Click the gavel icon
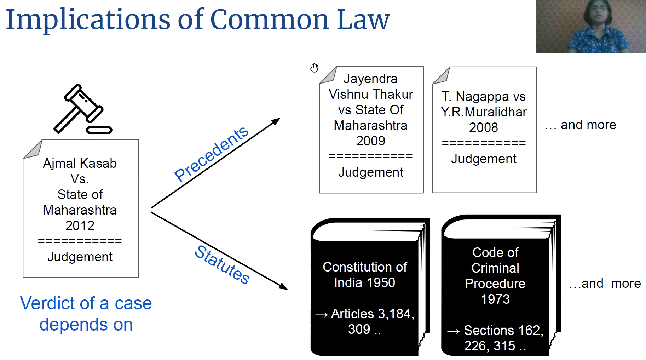[x=82, y=110]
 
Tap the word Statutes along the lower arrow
[x=222, y=264]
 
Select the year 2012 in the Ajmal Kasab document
[x=80, y=225]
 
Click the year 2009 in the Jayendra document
[x=370, y=141]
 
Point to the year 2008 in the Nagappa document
[x=483, y=127]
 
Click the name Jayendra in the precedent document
[x=370, y=79]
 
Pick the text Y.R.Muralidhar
[x=484, y=112]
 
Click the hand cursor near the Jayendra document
[x=314, y=68]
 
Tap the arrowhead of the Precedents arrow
[x=276, y=121]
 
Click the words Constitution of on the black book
[x=365, y=267]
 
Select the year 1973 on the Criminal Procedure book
[x=495, y=299]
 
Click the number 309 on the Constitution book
[x=359, y=329]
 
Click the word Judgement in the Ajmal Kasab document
[x=80, y=257]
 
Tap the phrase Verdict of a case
[x=86, y=303]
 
